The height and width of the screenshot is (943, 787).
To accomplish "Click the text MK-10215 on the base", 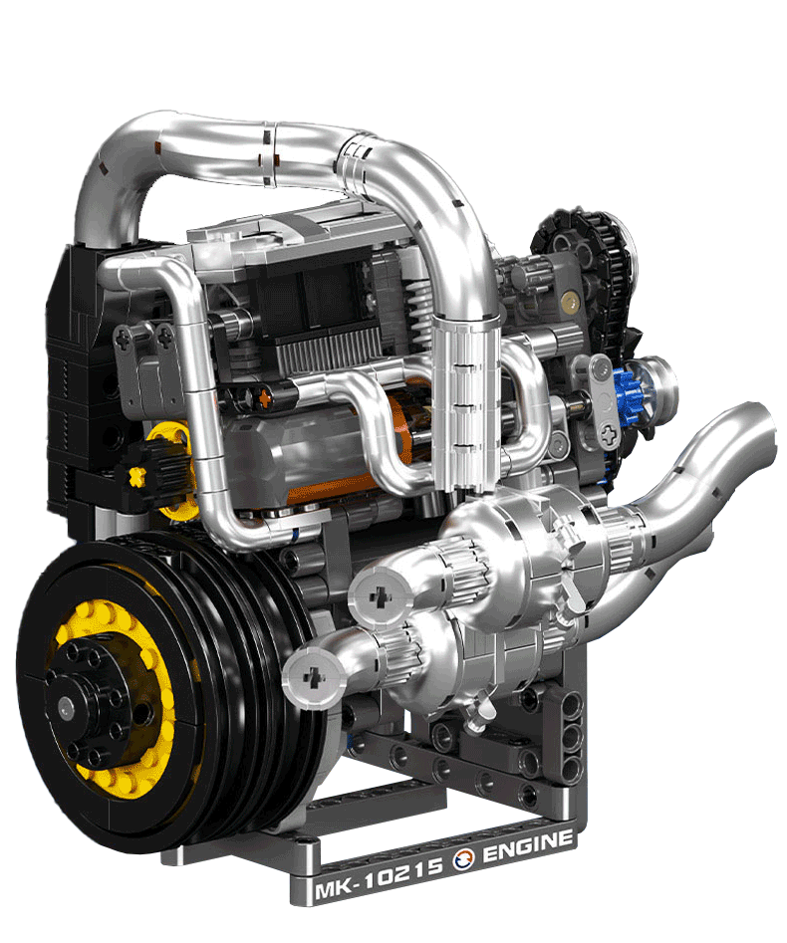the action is point(379,879).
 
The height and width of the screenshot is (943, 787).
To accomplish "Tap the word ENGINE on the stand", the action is point(528,846).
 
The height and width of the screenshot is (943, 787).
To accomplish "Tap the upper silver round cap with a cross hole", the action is point(381,596).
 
